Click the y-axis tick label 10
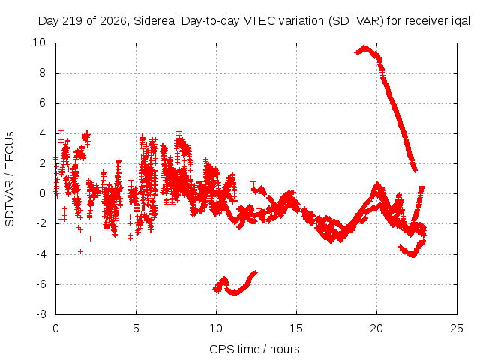[x=39, y=43]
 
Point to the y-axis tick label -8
[x=40, y=314]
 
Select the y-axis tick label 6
[x=42, y=103]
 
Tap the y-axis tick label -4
[x=40, y=254]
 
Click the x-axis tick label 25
[x=457, y=328]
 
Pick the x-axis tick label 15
[x=296, y=328]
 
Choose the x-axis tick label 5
[x=136, y=328]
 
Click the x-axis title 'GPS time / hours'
[x=254, y=349]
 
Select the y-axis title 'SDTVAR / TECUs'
[x=10, y=179]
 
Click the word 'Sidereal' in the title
[x=155, y=21]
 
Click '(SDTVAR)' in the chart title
[x=355, y=21]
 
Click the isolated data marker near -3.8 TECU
[x=80, y=252]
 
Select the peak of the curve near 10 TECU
[x=364, y=48]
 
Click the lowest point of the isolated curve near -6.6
[x=235, y=293]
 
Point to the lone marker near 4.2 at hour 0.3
[x=61, y=131]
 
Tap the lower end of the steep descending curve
[x=415, y=170]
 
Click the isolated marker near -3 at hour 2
[x=90, y=238]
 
